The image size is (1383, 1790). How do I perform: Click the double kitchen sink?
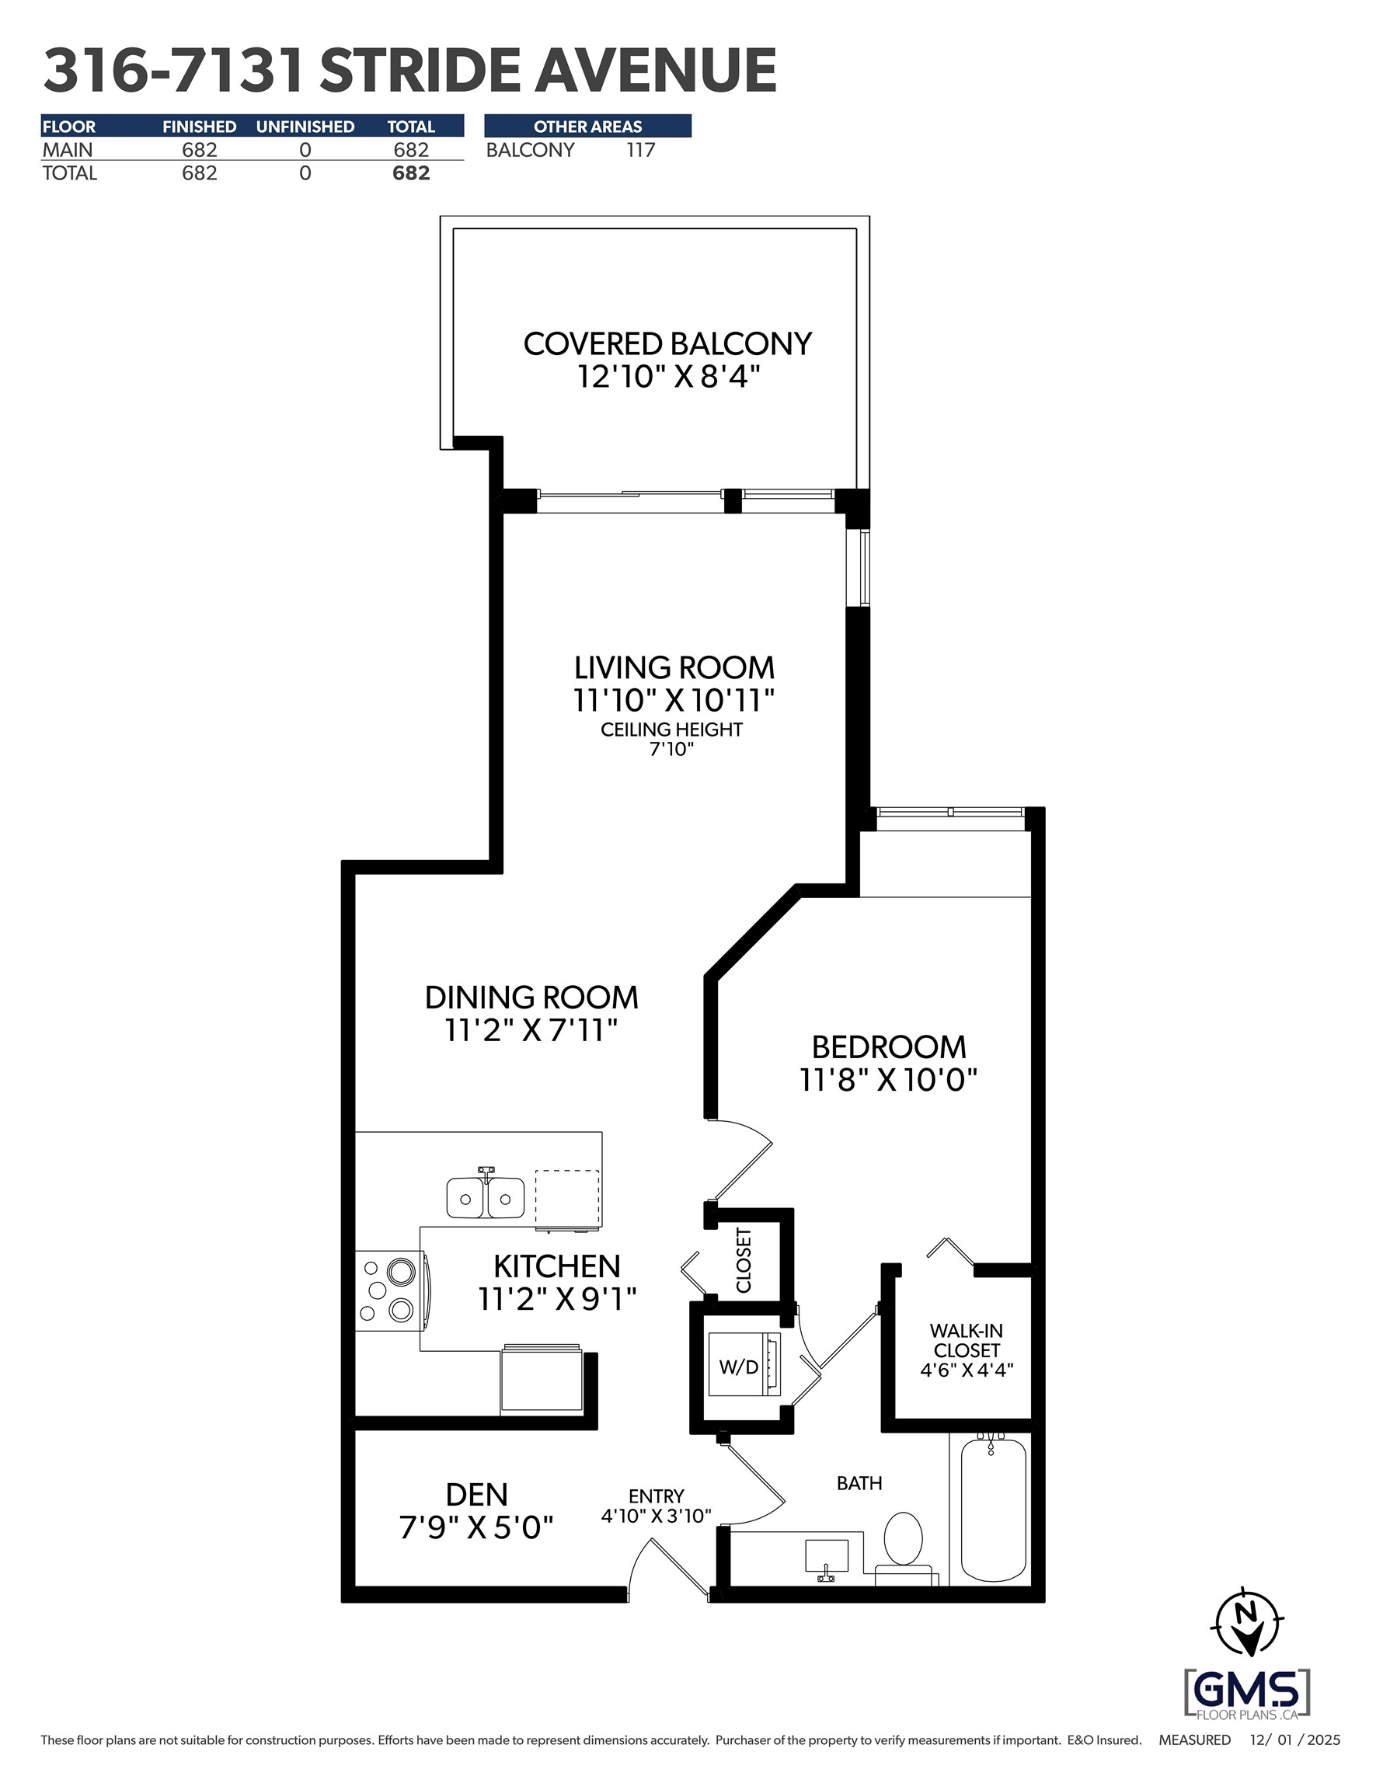coord(486,1197)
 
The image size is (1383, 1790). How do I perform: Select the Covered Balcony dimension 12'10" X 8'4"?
coord(668,377)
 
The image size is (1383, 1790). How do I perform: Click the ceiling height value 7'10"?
coord(671,749)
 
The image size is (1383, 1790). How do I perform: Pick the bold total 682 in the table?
coord(411,173)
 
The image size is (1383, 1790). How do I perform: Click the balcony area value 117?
coord(640,150)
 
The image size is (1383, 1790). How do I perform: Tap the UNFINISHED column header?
coord(305,126)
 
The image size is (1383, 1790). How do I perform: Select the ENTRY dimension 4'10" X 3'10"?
coord(656,1517)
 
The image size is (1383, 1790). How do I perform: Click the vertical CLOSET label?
coord(744,1259)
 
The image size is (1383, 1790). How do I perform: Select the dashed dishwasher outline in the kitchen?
coord(567,1199)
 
